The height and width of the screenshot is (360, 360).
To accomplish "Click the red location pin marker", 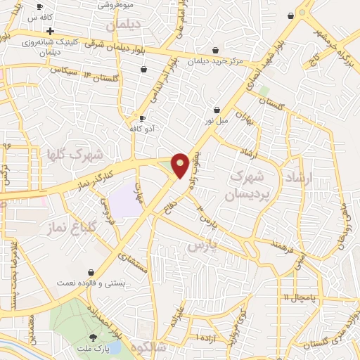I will tap(181, 165).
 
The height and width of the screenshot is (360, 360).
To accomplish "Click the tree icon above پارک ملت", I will tap(93, 337).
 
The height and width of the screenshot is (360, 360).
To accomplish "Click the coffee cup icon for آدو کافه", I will tap(143, 120).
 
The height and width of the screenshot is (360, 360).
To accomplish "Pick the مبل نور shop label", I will tap(217, 121).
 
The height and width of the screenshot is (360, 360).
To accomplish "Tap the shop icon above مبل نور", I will tap(217, 110).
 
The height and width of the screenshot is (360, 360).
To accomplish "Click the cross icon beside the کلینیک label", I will tap(50, 32).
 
